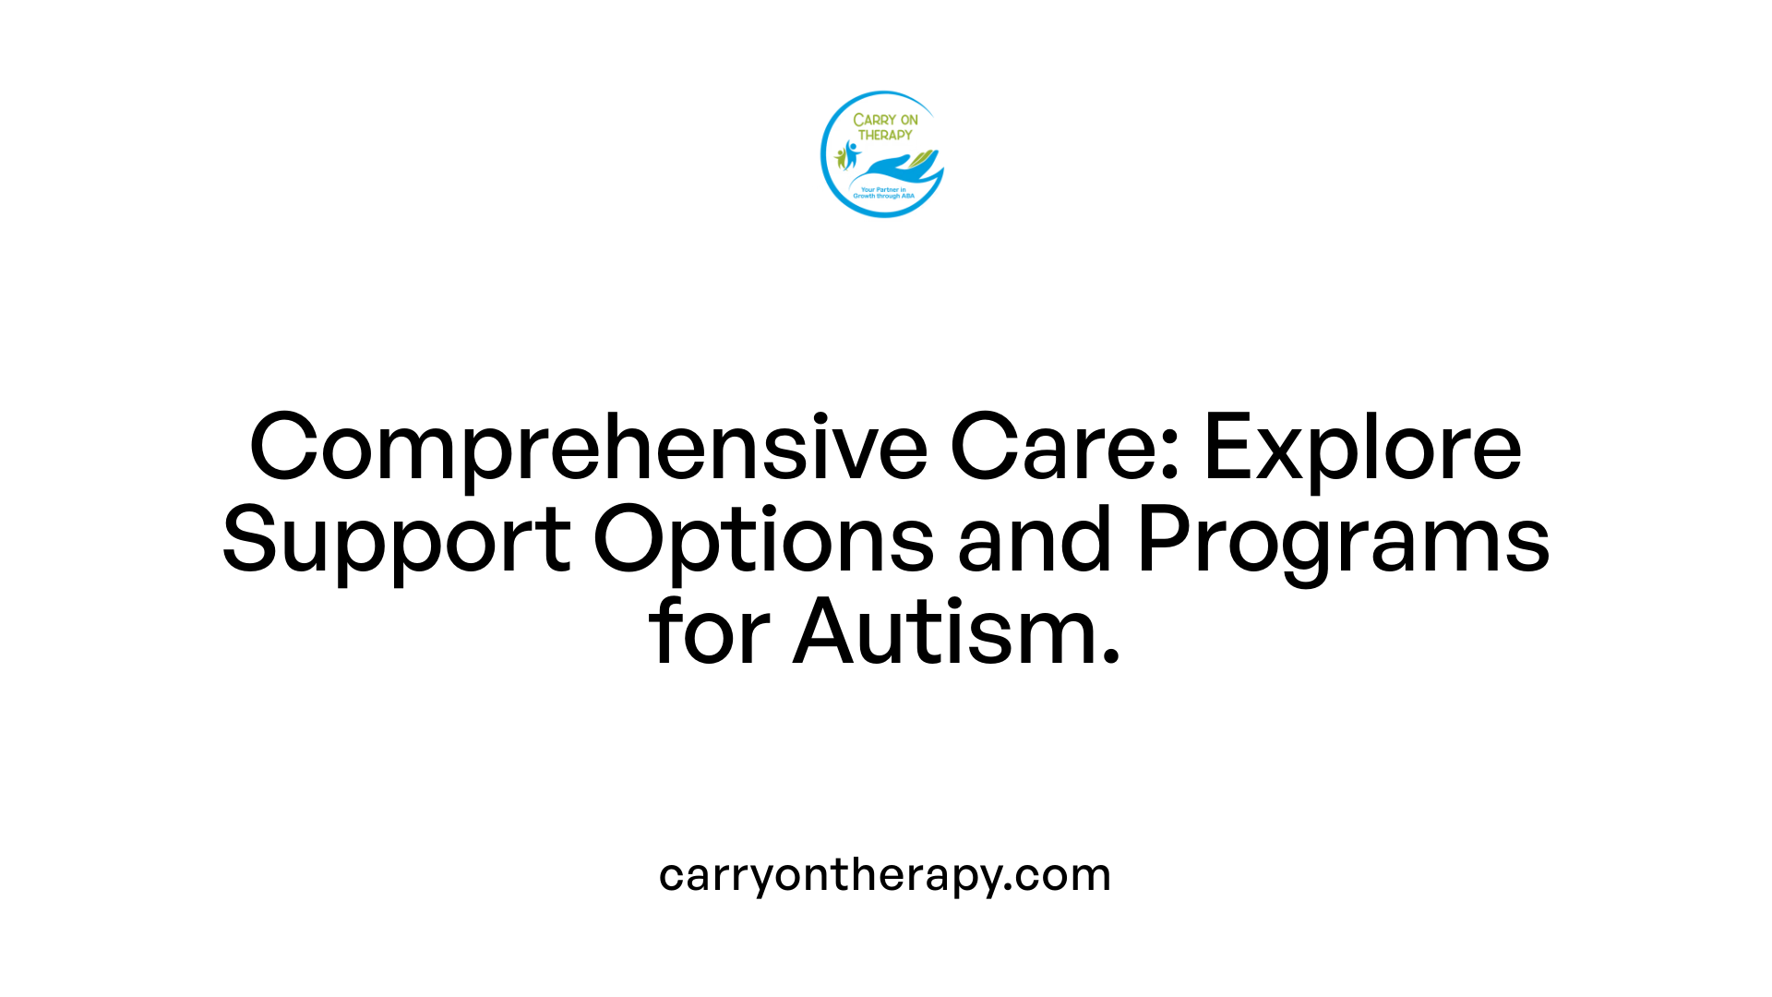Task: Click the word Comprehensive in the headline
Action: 588,450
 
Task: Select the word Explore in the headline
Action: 1362,450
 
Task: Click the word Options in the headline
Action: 763,542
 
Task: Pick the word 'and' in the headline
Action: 1034,540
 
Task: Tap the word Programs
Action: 1343,542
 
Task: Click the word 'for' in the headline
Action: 709,632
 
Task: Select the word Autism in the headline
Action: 942,632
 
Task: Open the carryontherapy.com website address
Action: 885,875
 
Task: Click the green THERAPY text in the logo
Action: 885,135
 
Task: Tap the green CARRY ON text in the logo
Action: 885,120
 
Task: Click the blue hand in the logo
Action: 891,168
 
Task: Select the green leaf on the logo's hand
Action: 922,160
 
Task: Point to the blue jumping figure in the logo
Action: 851,153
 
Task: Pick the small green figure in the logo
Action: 840,159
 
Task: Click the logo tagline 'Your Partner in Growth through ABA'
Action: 883,193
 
